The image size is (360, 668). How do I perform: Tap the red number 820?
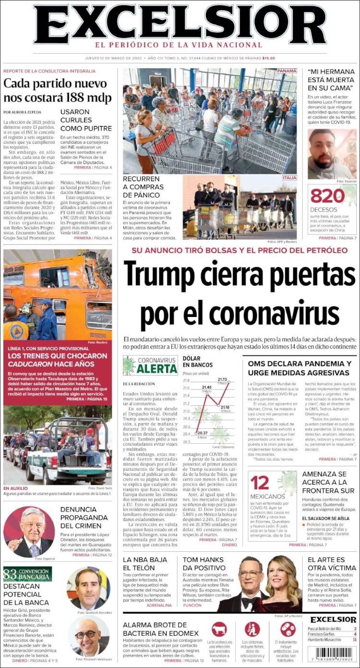[328, 197]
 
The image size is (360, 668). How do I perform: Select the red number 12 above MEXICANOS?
[260, 483]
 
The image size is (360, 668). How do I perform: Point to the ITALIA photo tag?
[289, 178]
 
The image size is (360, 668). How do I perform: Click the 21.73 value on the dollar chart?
[222, 379]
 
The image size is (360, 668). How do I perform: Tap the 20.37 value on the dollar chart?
[202, 433]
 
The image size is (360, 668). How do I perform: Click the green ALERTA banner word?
[151, 369]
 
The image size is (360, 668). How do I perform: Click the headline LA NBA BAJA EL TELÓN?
[145, 564]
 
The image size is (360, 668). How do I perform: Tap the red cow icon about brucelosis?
[219, 629]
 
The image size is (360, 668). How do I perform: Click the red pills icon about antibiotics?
[288, 629]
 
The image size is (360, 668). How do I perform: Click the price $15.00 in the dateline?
[269, 58]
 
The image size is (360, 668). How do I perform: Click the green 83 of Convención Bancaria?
[10, 574]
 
